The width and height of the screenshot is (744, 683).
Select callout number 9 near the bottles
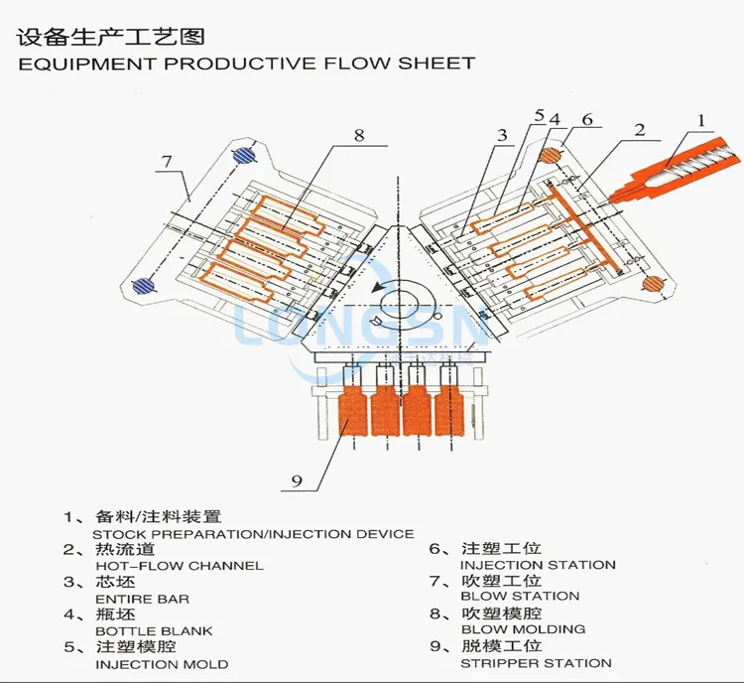coord(296,482)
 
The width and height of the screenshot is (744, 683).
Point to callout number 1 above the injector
coord(701,122)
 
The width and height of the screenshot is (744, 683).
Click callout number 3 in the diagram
coord(503,136)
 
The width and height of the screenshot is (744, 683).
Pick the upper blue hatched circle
coord(243,155)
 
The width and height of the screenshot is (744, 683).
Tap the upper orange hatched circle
coord(549,155)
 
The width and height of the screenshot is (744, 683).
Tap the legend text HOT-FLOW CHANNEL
coord(179,565)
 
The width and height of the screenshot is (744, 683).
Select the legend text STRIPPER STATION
coord(537,662)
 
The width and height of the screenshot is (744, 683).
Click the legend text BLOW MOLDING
coord(523,628)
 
